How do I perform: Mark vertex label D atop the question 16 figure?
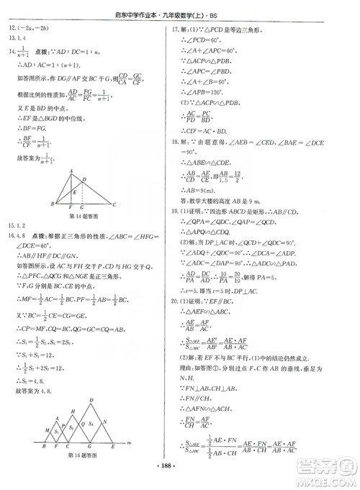90,401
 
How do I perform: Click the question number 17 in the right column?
174,29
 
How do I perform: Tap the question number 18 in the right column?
174,142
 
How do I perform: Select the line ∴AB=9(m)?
198,189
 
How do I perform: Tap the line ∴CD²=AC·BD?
204,131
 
